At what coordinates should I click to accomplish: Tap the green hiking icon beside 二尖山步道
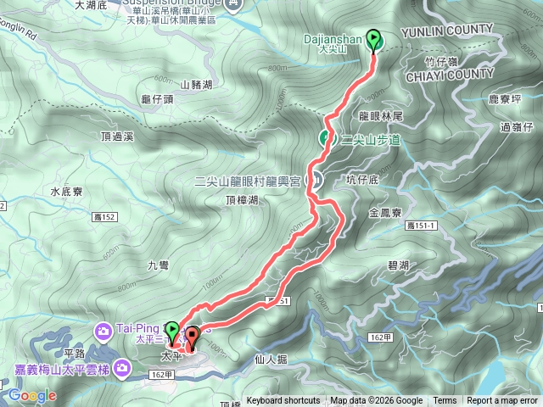(x=326, y=138)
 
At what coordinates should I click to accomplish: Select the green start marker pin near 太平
(x=172, y=332)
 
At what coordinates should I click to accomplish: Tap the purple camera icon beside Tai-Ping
(x=103, y=330)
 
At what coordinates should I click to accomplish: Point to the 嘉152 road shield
(x=105, y=217)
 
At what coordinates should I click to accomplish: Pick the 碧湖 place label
(x=398, y=266)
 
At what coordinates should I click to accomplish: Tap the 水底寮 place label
(x=66, y=192)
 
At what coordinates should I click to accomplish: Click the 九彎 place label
(x=159, y=265)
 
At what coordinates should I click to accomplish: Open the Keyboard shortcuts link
(x=283, y=401)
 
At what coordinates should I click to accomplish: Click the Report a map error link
(x=502, y=401)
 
